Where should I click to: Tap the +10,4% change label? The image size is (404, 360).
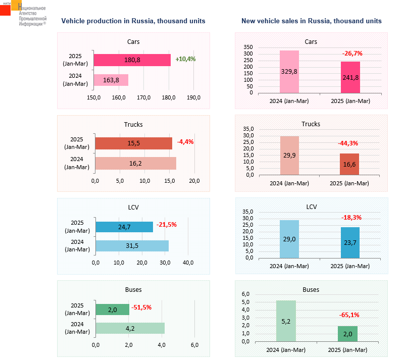(185, 59)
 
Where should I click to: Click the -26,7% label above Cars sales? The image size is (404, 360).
(352, 53)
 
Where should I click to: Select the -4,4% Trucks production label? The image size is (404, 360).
(185, 142)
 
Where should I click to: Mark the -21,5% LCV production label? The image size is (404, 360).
(166, 225)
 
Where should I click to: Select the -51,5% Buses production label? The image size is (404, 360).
(141, 307)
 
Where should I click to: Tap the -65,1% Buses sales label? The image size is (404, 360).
(349, 315)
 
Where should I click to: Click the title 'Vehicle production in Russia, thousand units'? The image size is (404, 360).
(133, 21)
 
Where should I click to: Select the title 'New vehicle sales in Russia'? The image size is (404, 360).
(311, 21)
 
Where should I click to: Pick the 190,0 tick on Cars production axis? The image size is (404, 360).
(194, 97)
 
